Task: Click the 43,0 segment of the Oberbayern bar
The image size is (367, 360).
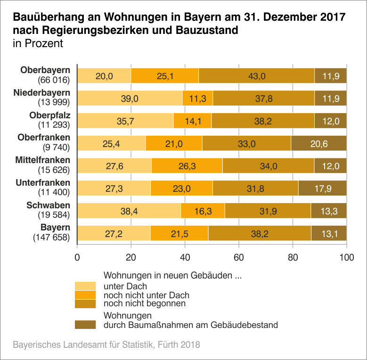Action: [x=257, y=76]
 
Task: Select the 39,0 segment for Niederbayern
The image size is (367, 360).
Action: [x=130, y=98]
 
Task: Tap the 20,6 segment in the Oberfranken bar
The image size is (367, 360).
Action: [x=319, y=143]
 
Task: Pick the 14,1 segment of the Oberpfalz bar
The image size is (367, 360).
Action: [x=192, y=121]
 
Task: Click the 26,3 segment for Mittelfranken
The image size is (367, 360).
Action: [x=187, y=166]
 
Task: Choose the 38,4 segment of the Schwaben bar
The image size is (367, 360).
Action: [x=129, y=211]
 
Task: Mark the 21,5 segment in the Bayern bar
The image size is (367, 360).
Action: [x=179, y=234]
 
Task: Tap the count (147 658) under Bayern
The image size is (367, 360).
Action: [x=51, y=237]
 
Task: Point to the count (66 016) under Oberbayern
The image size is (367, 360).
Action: [x=53, y=79]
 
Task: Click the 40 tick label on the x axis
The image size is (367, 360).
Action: [x=185, y=257]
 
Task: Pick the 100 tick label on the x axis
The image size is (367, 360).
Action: [x=347, y=257]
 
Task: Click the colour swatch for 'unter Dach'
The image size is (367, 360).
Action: [x=85, y=286]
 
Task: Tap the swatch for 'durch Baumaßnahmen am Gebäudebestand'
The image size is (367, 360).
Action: [x=85, y=325]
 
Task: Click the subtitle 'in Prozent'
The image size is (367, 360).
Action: [x=38, y=44]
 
